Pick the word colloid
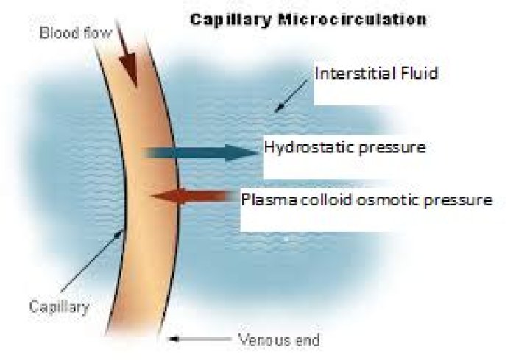[x=319, y=200]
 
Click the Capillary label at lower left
[x=59, y=306]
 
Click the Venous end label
[x=279, y=340]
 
